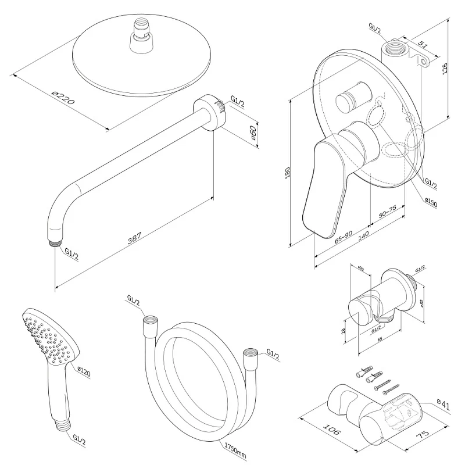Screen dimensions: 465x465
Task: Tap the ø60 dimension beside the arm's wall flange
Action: coord(253,134)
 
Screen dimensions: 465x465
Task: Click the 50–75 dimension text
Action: coord(388,212)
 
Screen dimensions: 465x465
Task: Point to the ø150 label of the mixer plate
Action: coord(431,202)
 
